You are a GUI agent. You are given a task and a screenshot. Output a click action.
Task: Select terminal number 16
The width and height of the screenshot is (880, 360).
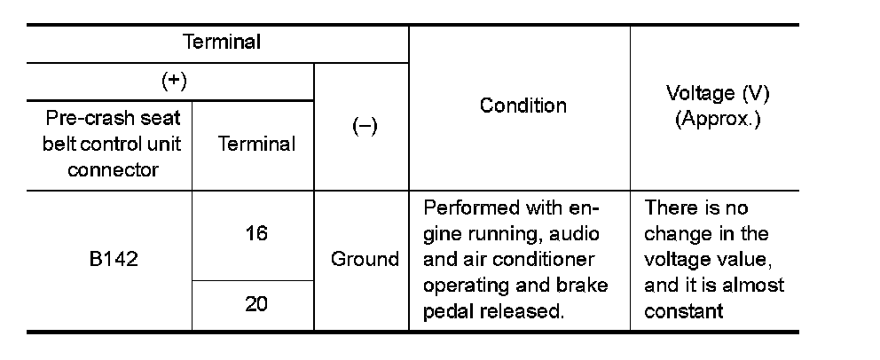pos(257,233)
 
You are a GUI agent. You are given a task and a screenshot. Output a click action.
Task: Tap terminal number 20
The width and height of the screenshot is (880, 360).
pos(257,304)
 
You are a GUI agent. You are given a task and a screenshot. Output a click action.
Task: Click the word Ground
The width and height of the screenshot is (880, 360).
pos(365,260)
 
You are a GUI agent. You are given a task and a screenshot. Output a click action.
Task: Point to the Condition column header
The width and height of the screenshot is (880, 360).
pos(523,106)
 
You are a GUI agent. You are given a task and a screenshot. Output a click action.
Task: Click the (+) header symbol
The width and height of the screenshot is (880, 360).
pos(174,81)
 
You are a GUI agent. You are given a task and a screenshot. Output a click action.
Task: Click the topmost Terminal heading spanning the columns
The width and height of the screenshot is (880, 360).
pos(221,43)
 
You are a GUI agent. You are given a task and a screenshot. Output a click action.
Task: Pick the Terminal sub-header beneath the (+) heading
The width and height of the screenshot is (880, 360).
pos(257,145)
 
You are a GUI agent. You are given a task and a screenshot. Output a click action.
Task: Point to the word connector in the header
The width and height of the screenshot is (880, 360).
pos(112,169)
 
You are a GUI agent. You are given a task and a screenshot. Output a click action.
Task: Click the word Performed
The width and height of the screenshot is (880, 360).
pos(472,208)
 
